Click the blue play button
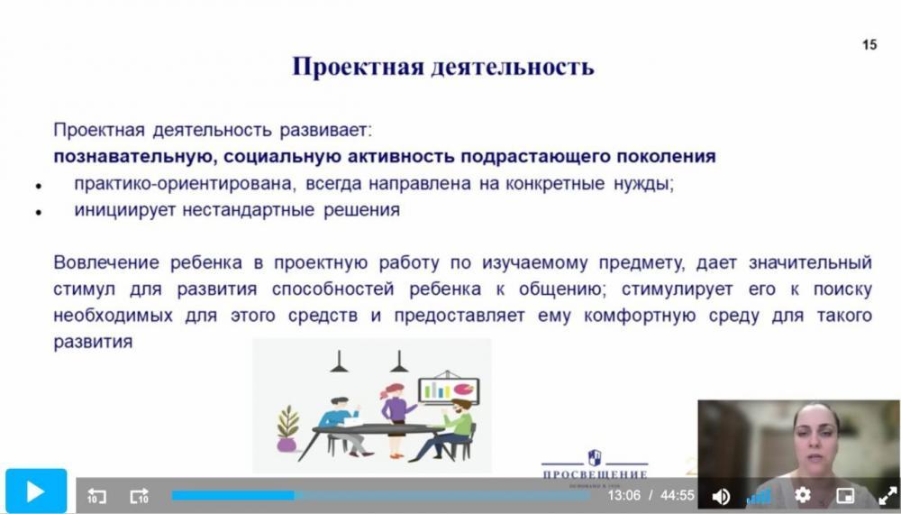click(x=36, y=491)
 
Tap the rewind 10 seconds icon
click(x=96, y=496)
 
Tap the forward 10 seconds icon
click(x=139, y=496)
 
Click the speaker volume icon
click(x=721, y=496)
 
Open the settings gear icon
click(x=802, y=495)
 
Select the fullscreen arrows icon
click(x=887, y=496)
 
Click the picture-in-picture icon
click(x=845, y=495)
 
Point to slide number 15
click(x=869, y=44)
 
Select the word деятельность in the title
click(x=513, y=66)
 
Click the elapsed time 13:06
click(x=624, y=495)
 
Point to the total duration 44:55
click(x=678, y=495)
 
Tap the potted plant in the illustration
click(x=287, y=429)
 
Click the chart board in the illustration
click(x=449, y=390)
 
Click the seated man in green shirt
click(x=446, y=430)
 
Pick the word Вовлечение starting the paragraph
click(x=106, y=262)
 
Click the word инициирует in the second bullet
click(x=124, y=210)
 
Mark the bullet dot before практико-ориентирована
click(x=39, y=186)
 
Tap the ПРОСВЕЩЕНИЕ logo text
click(x=595, y=475)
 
